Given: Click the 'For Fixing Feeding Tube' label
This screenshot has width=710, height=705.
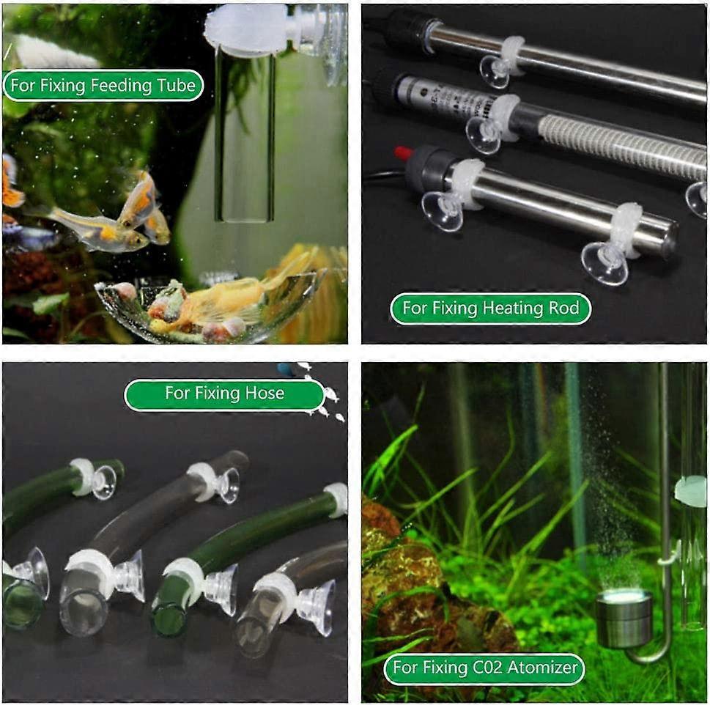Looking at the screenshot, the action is pyautogui.click(x=103, y=85).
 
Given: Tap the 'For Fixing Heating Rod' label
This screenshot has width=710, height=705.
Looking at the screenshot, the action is pyautogui.click(x=491, y=309).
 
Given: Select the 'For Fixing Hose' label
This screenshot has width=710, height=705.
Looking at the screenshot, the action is pyautogui.click(x=225, y=393).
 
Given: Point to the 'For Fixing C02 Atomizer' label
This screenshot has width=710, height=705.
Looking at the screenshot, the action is pyautogui.click(x=484, y=668).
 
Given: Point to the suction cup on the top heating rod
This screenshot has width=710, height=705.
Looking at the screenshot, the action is pyautogui.click(x=496, y=70).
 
